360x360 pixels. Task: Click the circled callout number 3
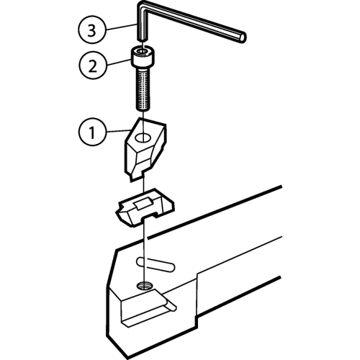(91, 30)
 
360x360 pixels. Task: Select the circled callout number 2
(93, 66)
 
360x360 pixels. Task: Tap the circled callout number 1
(92, 132)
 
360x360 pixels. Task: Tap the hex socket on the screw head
(143, 51)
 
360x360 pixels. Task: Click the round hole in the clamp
(143, 138)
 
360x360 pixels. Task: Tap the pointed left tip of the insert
(118, 212)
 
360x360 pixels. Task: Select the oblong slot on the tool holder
(156, 264)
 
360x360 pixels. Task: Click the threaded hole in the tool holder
(144, 285)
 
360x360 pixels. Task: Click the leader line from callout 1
(117, 131)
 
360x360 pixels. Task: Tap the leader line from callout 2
(118, 63)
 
